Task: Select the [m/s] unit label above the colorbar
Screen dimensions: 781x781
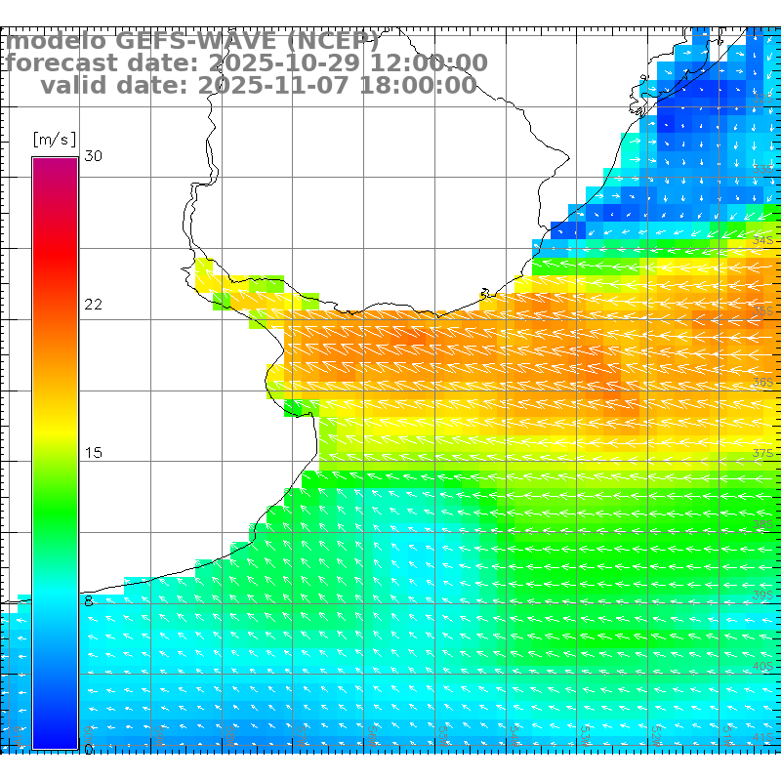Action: [x=54, y=139]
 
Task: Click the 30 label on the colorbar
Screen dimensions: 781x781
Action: [x=94, y=156]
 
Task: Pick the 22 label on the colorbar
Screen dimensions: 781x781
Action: [x=94, y=305]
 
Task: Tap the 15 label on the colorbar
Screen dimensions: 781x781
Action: [x=94, y=453]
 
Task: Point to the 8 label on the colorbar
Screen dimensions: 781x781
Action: [x=89, y=601]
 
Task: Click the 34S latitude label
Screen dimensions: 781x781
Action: [x=763, y=240]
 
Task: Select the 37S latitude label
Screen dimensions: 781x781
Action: [x=763, y=453]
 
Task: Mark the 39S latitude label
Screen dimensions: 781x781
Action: [x=763, y=595]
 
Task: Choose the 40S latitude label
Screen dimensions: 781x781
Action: [x=763, y=666]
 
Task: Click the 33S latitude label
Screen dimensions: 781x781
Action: [x=763, y=169]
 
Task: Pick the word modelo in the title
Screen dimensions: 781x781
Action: [x=56, y=41]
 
